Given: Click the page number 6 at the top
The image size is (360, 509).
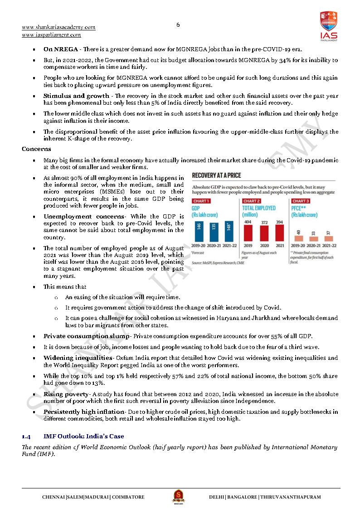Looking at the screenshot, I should tap(178, 25).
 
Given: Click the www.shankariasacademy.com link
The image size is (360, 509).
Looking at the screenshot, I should tap(58, 27).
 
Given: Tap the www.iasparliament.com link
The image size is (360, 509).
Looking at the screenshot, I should tap(51, 35).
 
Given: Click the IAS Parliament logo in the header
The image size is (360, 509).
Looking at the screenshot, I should tap(328, 26).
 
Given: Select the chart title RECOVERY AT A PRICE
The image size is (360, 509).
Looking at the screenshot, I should tap(216, 175).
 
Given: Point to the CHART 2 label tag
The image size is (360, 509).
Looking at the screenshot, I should tap(251, 201).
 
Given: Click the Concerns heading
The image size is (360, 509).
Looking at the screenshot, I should tap(36, 149).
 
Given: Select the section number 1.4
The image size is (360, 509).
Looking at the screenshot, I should tap(26, 436).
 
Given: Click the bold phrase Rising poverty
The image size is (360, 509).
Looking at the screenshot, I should tap(66, 394).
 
